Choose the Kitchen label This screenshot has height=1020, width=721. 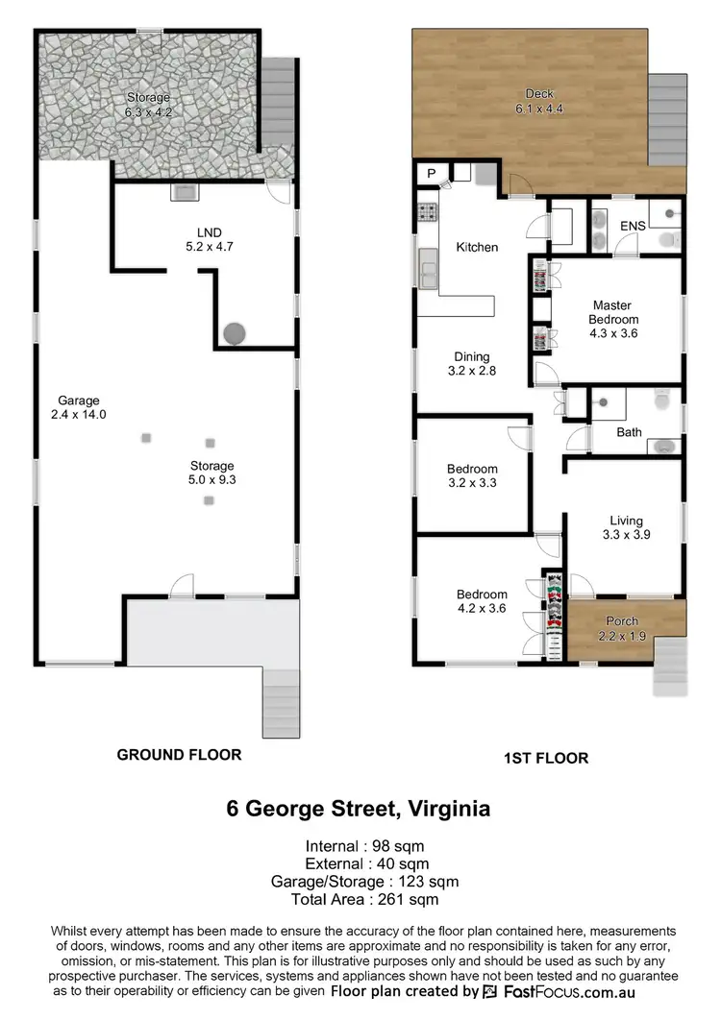click(477, 248)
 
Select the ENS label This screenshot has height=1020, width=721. click(633, 227)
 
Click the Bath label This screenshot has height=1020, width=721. click(629, 432)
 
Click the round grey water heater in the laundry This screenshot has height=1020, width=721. click(235, 334)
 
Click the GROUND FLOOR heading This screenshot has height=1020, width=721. click(179, 755)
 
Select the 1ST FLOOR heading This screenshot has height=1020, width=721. click(545, 758)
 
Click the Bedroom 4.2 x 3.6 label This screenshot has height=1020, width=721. click(482, 600)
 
